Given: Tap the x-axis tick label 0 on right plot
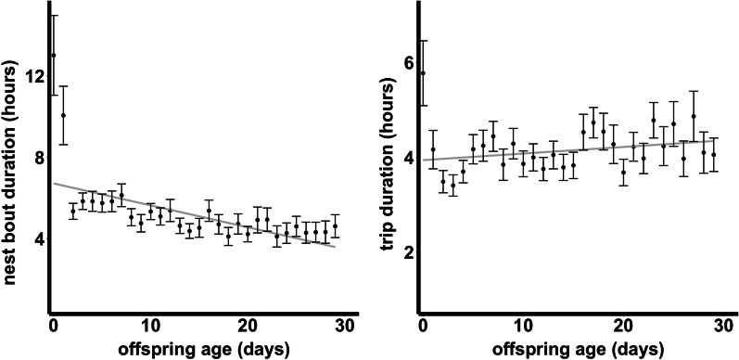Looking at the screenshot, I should click(x=423, y=326).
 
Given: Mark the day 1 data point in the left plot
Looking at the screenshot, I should click(x=63, y=116).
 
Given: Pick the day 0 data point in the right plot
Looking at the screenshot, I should click(x=423, y=73).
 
